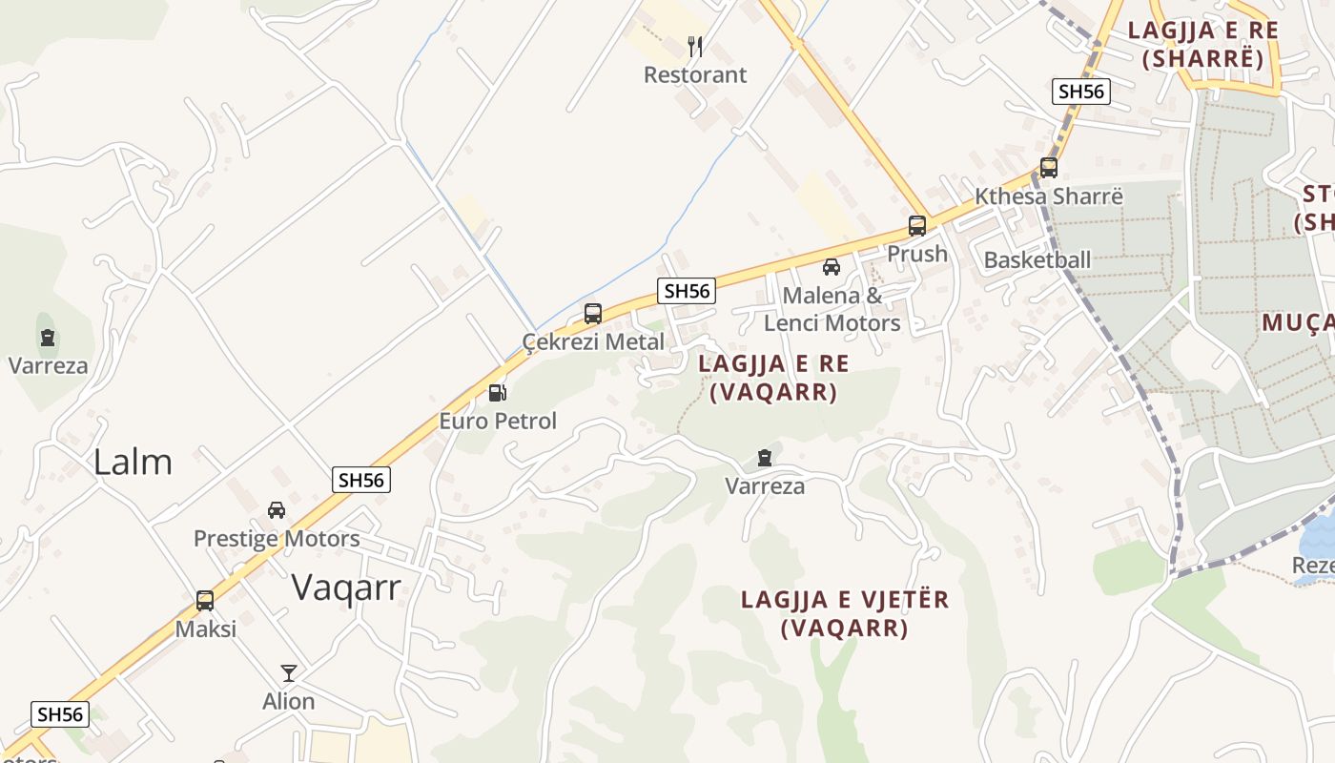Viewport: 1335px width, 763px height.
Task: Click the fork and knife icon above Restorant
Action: click(695, 46)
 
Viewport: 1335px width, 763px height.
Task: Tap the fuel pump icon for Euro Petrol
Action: click(497, 392)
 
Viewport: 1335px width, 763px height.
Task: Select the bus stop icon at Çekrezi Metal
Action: click(593, 313)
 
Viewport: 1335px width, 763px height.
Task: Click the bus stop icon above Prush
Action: click(917, 226)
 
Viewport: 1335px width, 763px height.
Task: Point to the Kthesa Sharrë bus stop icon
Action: click(1049, 168)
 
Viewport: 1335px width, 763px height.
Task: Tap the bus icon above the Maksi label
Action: click(205, 601)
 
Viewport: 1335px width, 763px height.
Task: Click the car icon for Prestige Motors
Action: click(277, 510)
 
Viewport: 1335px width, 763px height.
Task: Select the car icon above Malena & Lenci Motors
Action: click(832, 267)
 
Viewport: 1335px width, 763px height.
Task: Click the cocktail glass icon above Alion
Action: click(289, 672)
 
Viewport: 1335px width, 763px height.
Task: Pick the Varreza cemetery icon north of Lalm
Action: click(48, 338)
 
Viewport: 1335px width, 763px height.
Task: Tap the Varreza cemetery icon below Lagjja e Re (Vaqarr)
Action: click(765, 459)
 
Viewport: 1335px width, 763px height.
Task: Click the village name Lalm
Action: click(133, 462)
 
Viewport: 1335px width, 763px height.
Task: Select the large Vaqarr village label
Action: click(346, 587)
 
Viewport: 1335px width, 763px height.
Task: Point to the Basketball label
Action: click(1037, 259)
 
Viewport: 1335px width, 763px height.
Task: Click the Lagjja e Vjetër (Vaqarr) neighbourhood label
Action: click(845, 613)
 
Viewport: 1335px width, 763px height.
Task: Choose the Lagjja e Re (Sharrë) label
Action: click(1202, 44)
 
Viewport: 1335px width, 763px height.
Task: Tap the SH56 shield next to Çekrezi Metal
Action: click(687, 291)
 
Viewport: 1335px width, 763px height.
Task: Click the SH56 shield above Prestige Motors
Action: click(361, 480)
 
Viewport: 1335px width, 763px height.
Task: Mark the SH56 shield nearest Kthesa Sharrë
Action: click(1081, 92)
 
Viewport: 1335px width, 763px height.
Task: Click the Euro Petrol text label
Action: click(498, 421)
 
